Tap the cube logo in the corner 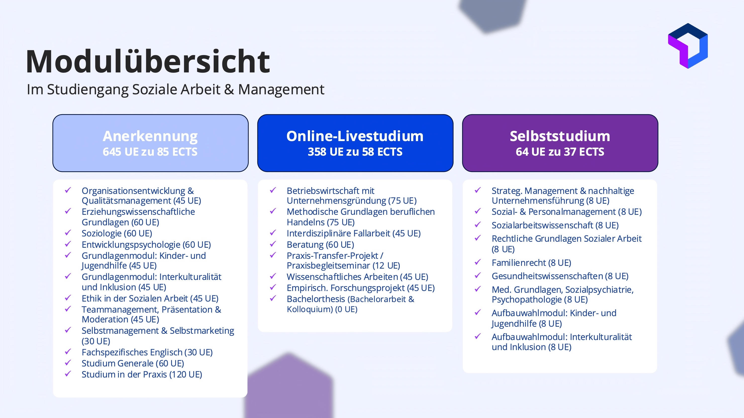click(x=688, y=46)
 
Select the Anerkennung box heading click(x=150, y=136)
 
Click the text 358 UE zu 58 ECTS click(x=355, y=152)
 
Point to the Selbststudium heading click(x=560, y=136)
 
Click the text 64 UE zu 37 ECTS click(x=560, y=152)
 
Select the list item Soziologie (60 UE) click(x=117, y=233)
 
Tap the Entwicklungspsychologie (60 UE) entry click(x=146, y=244)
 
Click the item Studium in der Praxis click(x=142, y=374)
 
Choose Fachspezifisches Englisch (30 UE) click(x=147, y=352)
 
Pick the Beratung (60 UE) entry click(x=320, y=244)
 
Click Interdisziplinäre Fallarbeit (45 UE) click(x=354, y=233)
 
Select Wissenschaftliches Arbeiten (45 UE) click(x=357, y=277)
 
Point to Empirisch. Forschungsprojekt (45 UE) click(x=361, y=288)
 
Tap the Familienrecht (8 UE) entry click(x=531, y=263)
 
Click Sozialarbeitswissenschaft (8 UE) click(x=555, y=225)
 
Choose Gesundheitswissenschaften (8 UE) click(x=560, y=276)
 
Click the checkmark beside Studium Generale click(x=68, y=362)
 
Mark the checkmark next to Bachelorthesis click(x=273, y=298)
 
